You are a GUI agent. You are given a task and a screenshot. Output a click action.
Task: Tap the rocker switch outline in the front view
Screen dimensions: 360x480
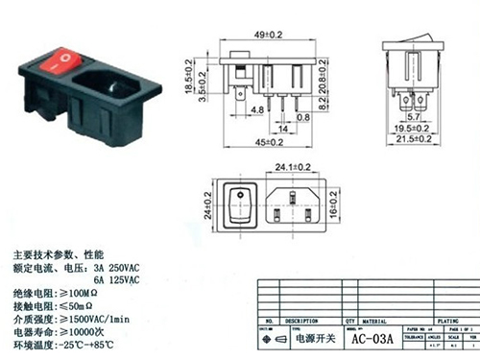238,204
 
